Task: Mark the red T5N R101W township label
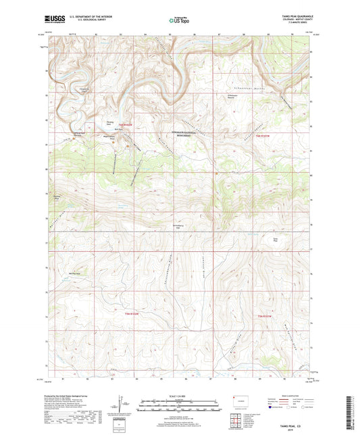tap(263, 315)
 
